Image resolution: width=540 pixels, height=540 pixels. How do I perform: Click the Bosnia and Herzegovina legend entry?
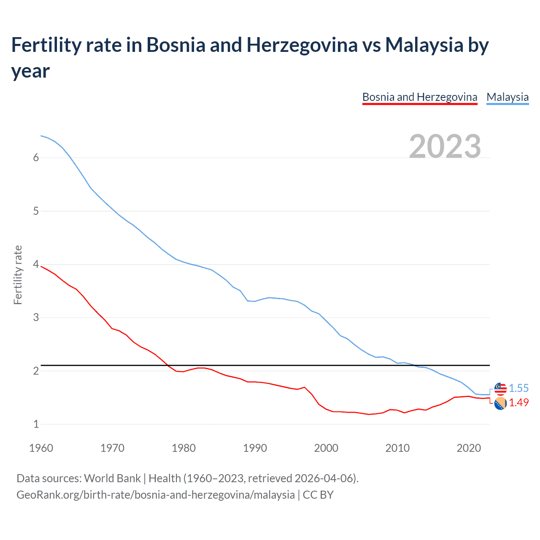pos(420,97)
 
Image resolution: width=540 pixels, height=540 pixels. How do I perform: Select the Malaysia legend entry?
pos(508,97)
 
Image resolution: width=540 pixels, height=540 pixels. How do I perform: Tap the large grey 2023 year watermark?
pos(445,146)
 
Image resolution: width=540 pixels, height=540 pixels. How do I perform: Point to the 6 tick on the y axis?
pos(36,157)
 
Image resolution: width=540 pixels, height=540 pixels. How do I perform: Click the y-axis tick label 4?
pos(36,264)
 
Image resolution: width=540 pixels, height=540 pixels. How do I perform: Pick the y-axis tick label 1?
pos(36,424)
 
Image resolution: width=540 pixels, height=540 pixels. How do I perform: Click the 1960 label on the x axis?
pos(41,448)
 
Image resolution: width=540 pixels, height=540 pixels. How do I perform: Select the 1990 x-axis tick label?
pos(255,448)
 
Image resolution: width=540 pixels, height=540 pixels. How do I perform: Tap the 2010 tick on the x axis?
pos(397,448)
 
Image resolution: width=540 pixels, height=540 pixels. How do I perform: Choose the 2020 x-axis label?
pos(469,448)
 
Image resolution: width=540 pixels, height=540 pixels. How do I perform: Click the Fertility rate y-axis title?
pos(18,275)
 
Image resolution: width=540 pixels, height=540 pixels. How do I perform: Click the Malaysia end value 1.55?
pos(518,388)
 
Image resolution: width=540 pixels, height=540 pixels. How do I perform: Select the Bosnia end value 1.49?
pos(518,402)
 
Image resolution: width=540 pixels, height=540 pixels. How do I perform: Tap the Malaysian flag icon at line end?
pos(500,389)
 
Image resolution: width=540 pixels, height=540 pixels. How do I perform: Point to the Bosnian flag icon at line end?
pos(500,403)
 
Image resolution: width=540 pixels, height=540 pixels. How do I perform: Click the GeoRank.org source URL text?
pos(155,494)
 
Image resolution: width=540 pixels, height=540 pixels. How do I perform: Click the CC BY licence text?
pos(318,494)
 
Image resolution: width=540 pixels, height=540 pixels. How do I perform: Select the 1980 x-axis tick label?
pos(184,448)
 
